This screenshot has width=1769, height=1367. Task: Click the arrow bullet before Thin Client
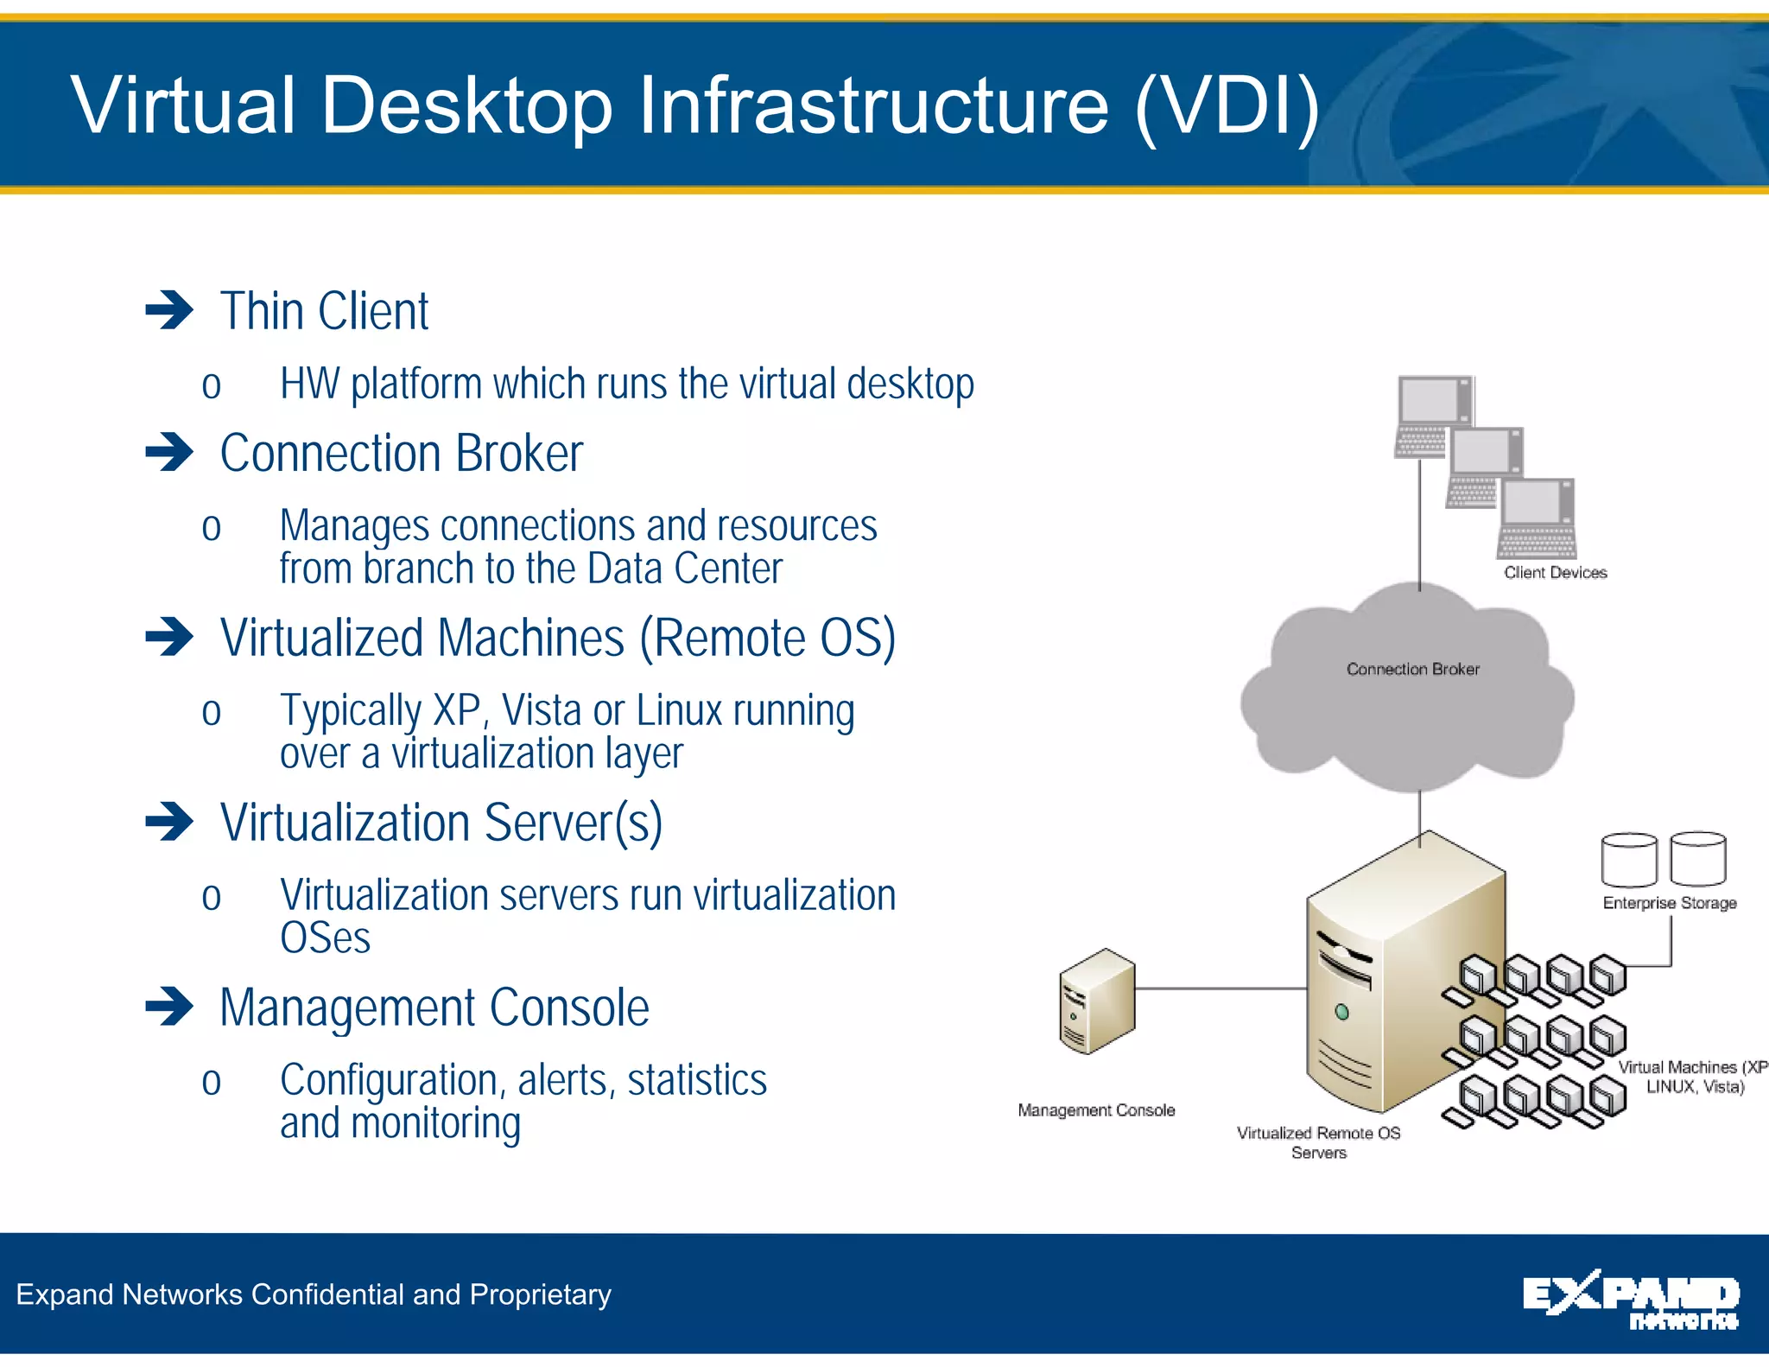(169, 310)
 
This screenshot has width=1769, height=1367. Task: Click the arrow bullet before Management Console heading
(169, 1007)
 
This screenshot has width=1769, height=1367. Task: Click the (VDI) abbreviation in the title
(1227, 105)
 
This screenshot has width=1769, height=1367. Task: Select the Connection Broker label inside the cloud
(1412, 669)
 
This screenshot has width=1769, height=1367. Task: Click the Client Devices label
(1555, 572)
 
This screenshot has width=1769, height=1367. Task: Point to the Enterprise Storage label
(1669, 903)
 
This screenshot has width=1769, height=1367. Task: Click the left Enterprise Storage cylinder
(1629, 860)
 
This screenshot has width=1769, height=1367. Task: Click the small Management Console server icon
(1096, 1002)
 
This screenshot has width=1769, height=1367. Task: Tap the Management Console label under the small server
(1096, 1110)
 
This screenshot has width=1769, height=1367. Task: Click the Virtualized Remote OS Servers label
(1318, 1141)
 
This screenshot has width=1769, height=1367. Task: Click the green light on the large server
(1341, 1012)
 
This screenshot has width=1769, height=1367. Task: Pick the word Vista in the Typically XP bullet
(542, 711)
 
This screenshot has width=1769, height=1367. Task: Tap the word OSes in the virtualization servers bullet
(325, 939)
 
